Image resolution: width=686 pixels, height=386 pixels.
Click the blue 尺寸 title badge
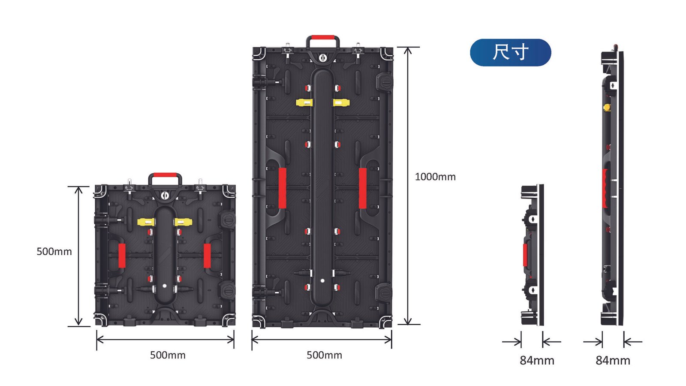[510, 52]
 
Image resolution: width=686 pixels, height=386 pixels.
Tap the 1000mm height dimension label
[435, 177]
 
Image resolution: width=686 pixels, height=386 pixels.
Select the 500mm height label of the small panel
[54, 251]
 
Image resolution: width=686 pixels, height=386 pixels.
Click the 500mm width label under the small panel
[168, 355]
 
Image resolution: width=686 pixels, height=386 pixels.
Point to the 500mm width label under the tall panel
[324, 355]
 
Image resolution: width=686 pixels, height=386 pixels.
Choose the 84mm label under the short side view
[537, 360]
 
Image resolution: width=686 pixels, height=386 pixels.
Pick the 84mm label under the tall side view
[613, 360]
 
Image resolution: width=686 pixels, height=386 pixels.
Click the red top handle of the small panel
[165, 175]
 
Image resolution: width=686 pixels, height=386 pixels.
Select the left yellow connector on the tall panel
[304, 103]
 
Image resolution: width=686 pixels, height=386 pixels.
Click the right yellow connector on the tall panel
[341, 103]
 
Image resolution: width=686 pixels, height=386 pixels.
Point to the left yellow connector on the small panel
[147, 222]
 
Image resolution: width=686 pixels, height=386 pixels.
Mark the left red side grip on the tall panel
[283, 188]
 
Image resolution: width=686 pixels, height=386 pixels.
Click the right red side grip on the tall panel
[363, 188]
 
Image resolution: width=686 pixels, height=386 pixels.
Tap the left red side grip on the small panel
[122, 256]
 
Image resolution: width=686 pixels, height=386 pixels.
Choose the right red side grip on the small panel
[207, 256]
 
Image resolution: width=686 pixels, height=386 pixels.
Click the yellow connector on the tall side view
[607, 106]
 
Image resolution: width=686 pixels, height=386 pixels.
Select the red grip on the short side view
[525, 255]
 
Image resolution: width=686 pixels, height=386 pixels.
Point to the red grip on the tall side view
[605, 188]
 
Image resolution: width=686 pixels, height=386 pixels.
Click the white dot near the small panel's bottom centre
[164, 286]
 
